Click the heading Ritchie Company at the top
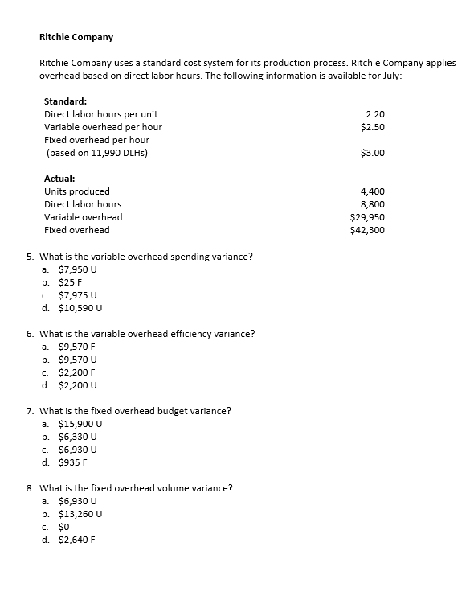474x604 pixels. click(x=76, y=37)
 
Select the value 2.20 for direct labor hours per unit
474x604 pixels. click(x=374, y=114)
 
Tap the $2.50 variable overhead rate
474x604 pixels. click(x=373, y=127)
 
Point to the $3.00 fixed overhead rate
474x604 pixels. click(x=373, y=153)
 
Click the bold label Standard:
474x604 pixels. click(x=65, y=101)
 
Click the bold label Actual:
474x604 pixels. click(x=60, y=179)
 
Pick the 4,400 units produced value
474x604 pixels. click(x=373, y=191)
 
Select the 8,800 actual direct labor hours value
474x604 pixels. click(x=373, y=204)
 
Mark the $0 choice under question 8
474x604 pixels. click(x=66, y=527)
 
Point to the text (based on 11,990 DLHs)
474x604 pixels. click(x=96, y=153)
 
